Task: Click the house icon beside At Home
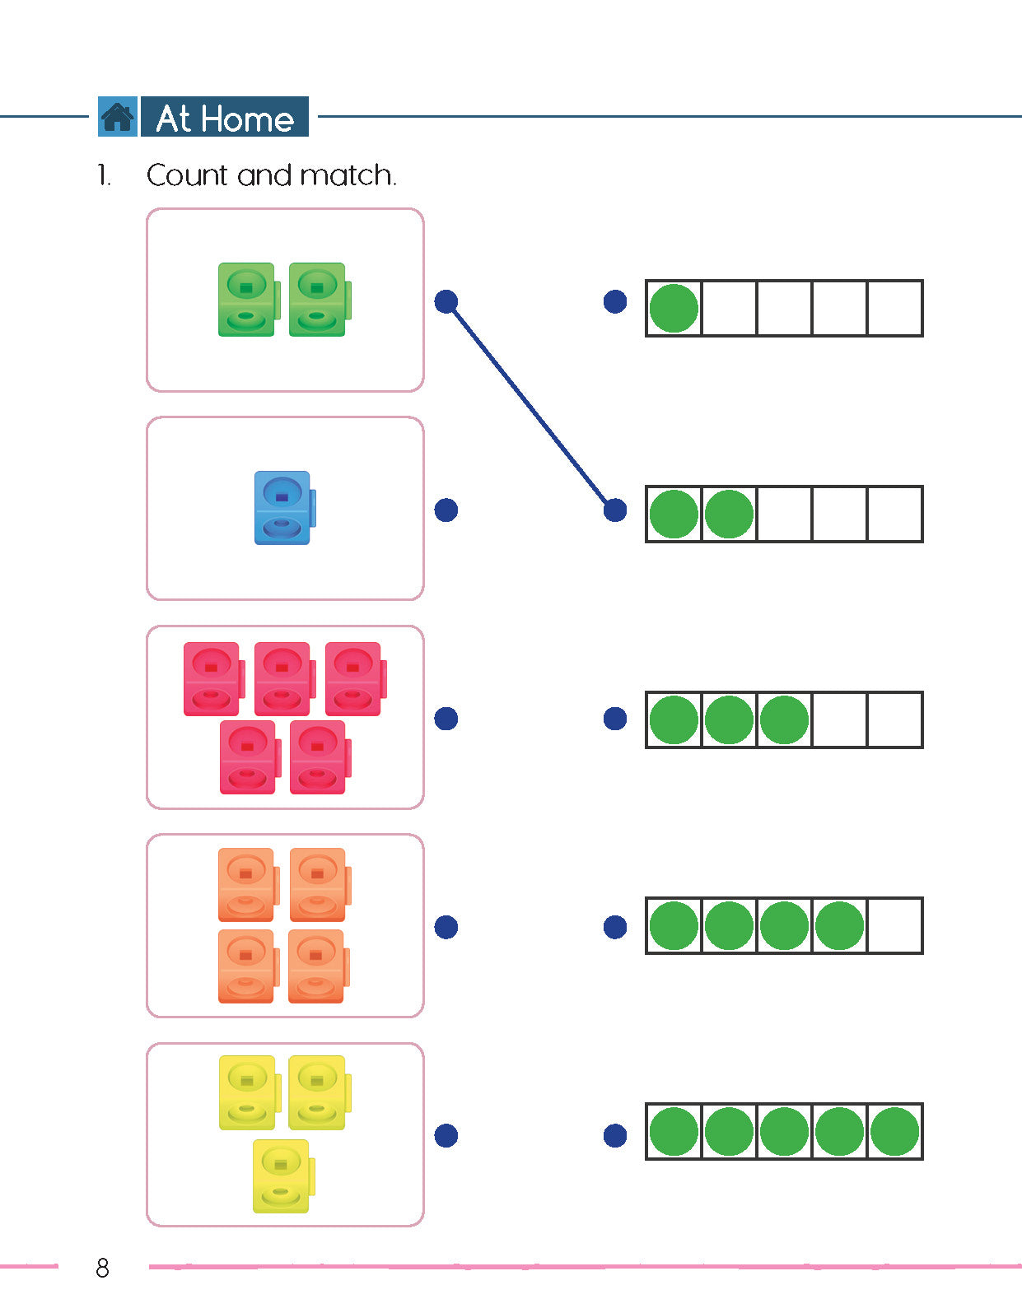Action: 117,117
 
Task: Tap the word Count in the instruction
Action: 187,175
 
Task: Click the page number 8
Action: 102,1268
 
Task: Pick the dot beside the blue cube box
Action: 446,510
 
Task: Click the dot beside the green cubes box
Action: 446,302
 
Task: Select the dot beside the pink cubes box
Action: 446,719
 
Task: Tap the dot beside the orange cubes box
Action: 446,928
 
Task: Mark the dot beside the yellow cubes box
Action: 446,1136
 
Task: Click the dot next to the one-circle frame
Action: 615,302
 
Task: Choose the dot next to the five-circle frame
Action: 615,1136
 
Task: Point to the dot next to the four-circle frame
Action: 615,928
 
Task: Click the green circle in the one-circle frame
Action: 674,309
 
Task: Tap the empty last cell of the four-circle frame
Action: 894,926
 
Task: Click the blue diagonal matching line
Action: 530,406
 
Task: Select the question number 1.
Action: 103,175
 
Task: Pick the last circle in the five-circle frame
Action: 894,1132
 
